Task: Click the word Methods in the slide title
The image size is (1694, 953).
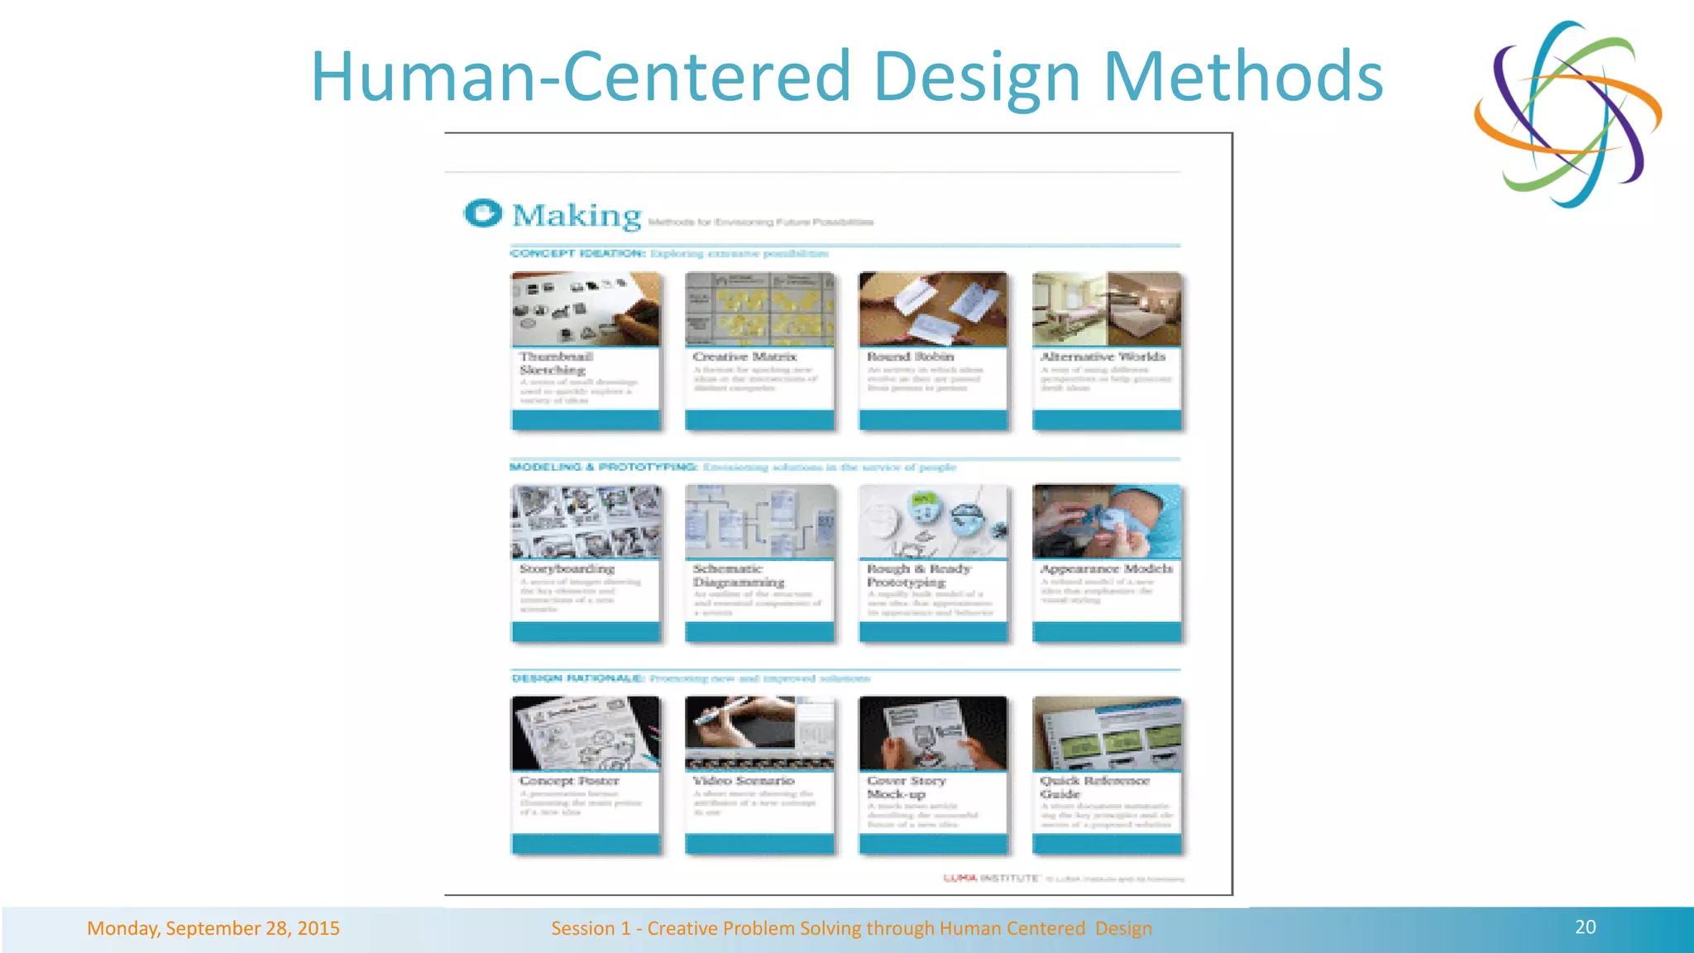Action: click(x=1243, y=76)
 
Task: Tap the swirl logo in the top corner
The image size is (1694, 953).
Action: click(x=1567, y=114)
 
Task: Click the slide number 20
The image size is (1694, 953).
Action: click(x=1585, y=927)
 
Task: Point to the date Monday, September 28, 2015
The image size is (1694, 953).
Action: click(x=213, y=928)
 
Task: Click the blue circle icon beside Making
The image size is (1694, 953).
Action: click(x=483, y=213)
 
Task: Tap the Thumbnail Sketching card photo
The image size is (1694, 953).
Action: click(x=586, y=309)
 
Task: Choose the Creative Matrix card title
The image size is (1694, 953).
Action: click(x=744, y=357)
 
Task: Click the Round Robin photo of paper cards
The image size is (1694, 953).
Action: click(x=933, y=309)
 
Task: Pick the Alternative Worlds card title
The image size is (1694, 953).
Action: click(x=1103, y=357)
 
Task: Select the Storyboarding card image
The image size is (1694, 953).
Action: click(x=586, y=521)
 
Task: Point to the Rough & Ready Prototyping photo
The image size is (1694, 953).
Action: click(x=933, y=521)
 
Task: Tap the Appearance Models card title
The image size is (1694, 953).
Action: click(x=1107, y=569)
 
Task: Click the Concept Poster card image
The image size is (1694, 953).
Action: click(x=586, y=733)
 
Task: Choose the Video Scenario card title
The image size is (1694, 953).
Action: click(x=743, y=781)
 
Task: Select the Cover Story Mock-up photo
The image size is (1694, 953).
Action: click(x=933, y=733)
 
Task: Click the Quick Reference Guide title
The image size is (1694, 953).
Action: click(x=1094, y=787)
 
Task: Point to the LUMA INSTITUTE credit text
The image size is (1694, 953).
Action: click(x=991, y=878)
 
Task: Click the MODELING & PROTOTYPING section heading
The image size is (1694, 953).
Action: click(x=604, y=467)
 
